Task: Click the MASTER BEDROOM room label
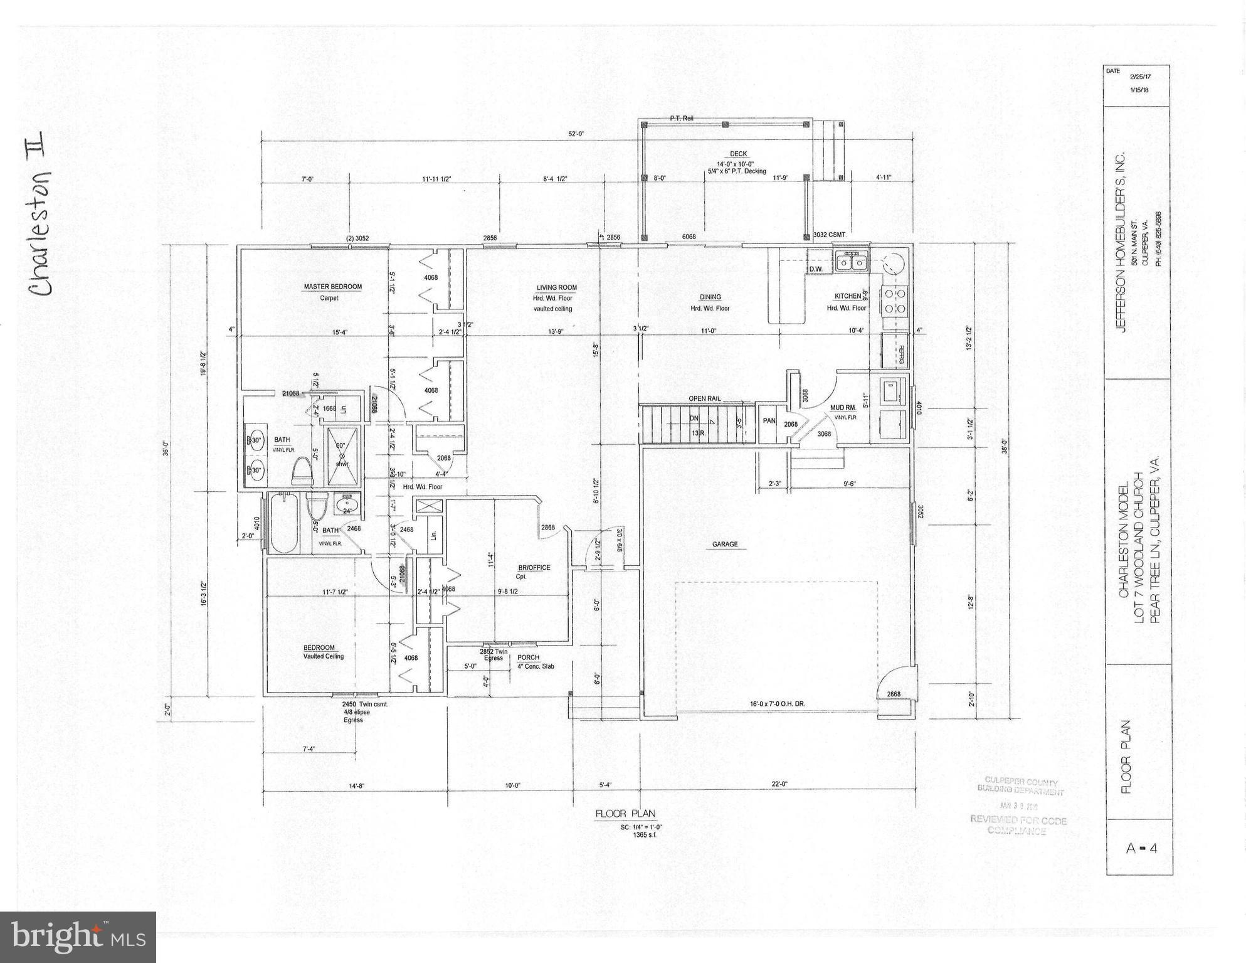coord(332,287)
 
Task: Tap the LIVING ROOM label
coord(556,287)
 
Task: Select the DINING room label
coord(710,297)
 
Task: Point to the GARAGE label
coord(724,545)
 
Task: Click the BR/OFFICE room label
coord(534,568)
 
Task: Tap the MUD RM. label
coord(843,408)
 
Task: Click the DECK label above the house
coord(738,154)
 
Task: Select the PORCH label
coord(528,657)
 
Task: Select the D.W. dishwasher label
coord(815,269)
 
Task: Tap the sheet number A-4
coord(1141,848)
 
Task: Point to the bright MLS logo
coord(77,937)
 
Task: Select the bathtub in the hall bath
coord(283,523)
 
